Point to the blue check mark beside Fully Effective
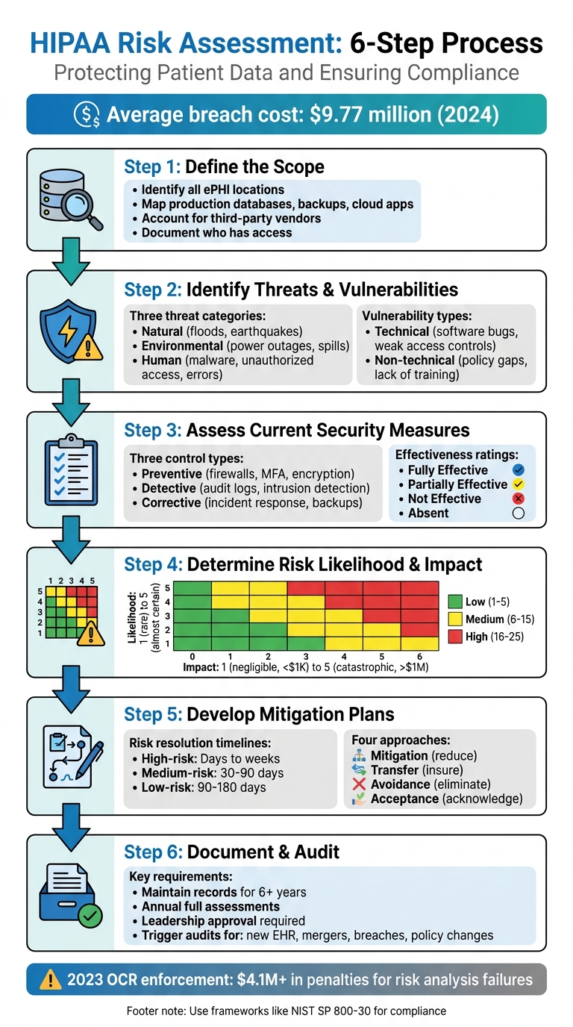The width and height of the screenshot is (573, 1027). [x=520, y=470]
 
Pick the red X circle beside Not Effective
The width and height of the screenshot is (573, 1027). [x=520, y=499]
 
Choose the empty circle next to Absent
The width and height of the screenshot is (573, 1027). [x=520, y=513]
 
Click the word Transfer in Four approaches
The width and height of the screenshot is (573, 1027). [x=395, y=770]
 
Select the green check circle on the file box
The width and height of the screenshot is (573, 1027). [x=91, y=915]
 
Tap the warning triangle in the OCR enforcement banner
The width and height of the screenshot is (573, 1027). [x=51, y=979]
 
